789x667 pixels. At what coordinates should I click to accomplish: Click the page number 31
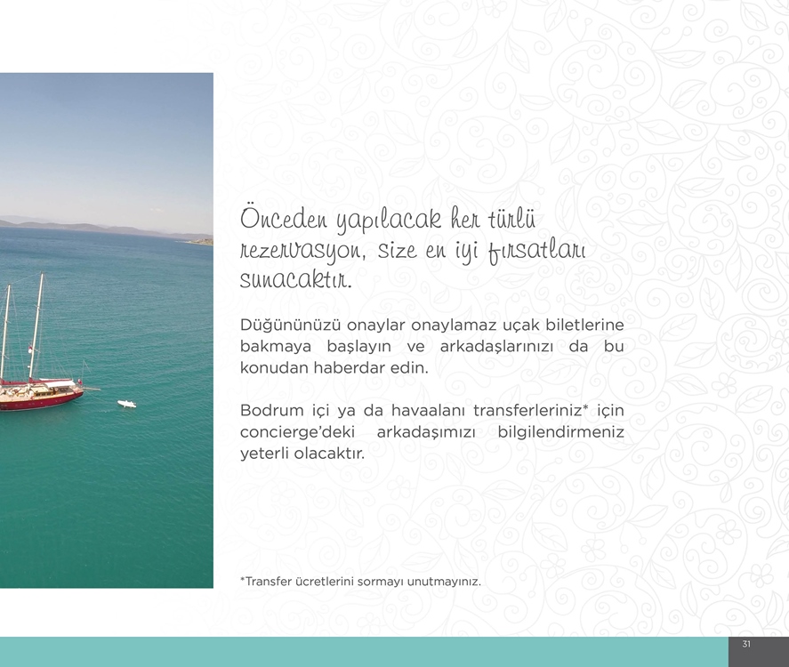[x=746, y=644]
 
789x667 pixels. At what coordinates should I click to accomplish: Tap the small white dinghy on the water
[x=127, y=404]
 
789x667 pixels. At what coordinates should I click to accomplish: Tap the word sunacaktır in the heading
[x=295, y=279]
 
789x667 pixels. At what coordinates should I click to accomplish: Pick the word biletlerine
[x=584, y=325]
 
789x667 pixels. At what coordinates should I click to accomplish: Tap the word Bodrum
[x=271, y=411]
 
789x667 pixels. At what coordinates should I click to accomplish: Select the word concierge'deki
[x=297, y=432]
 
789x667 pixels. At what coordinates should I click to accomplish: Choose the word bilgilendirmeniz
[x=560, y=432]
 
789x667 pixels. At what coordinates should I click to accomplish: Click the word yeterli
[x=264, y=454]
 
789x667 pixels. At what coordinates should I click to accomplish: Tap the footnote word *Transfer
[x=266, y=582]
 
